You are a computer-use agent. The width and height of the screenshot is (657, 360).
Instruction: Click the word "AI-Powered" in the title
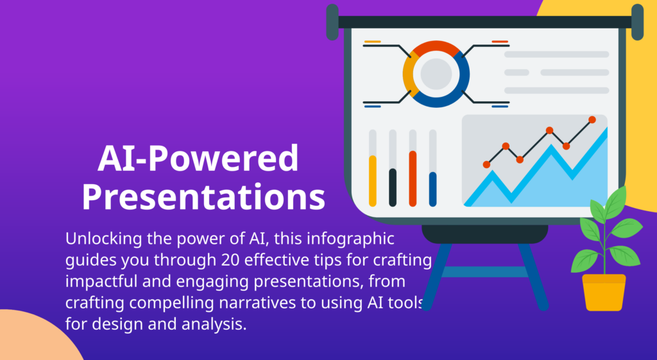tap(198, 159)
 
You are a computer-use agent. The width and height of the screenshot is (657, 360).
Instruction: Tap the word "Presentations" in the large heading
tap(203, 198)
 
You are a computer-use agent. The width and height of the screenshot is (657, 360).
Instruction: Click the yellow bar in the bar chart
tap(373, 180)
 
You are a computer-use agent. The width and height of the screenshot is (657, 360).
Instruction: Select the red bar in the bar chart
tap(413, 178)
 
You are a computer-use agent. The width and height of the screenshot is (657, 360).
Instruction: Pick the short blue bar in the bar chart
tap(432, 189)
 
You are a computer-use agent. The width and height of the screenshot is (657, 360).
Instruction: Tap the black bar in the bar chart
tap(393, 187)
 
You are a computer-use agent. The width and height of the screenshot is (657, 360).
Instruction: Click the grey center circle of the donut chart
tap(436, 73)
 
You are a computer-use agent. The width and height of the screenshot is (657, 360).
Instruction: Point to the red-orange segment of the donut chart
tap(436, 47)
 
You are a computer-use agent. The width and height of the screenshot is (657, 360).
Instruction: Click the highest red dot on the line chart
tap(592, 119)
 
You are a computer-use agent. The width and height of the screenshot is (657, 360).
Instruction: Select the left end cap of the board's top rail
tap(332, 22)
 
